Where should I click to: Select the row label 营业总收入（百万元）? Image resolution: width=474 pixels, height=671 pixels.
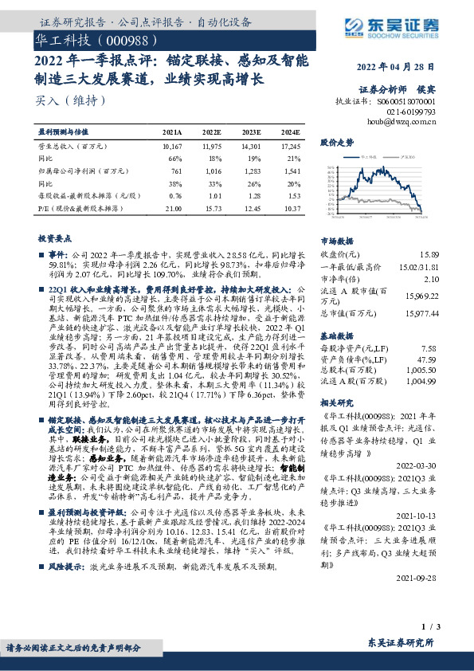click(72, 147)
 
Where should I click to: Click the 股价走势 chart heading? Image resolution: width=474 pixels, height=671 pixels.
click(337, 143)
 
